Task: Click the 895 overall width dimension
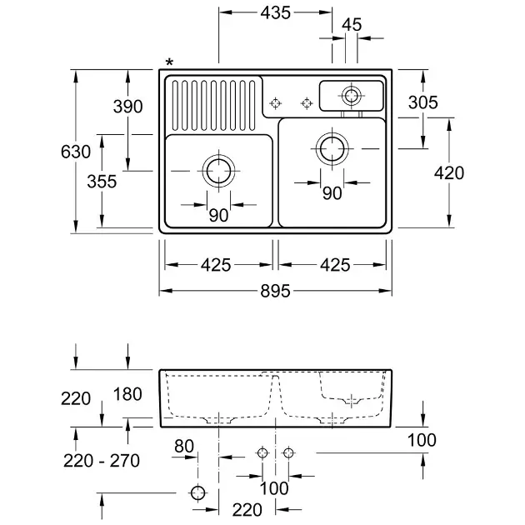[274, 291]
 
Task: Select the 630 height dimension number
[76, 152]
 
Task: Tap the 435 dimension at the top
[275, 12]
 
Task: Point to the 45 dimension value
[352, 25]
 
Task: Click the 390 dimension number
[128, 107]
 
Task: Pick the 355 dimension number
[102, 182]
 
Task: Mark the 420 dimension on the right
[449, 173]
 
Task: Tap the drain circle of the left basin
[218, 170]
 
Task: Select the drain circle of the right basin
[332, 147]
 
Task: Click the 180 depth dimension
[127, 395]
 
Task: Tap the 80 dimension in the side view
[184, 447]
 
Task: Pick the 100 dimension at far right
[423, 439]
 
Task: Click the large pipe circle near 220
[198, 492]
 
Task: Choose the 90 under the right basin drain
[332, 193]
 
